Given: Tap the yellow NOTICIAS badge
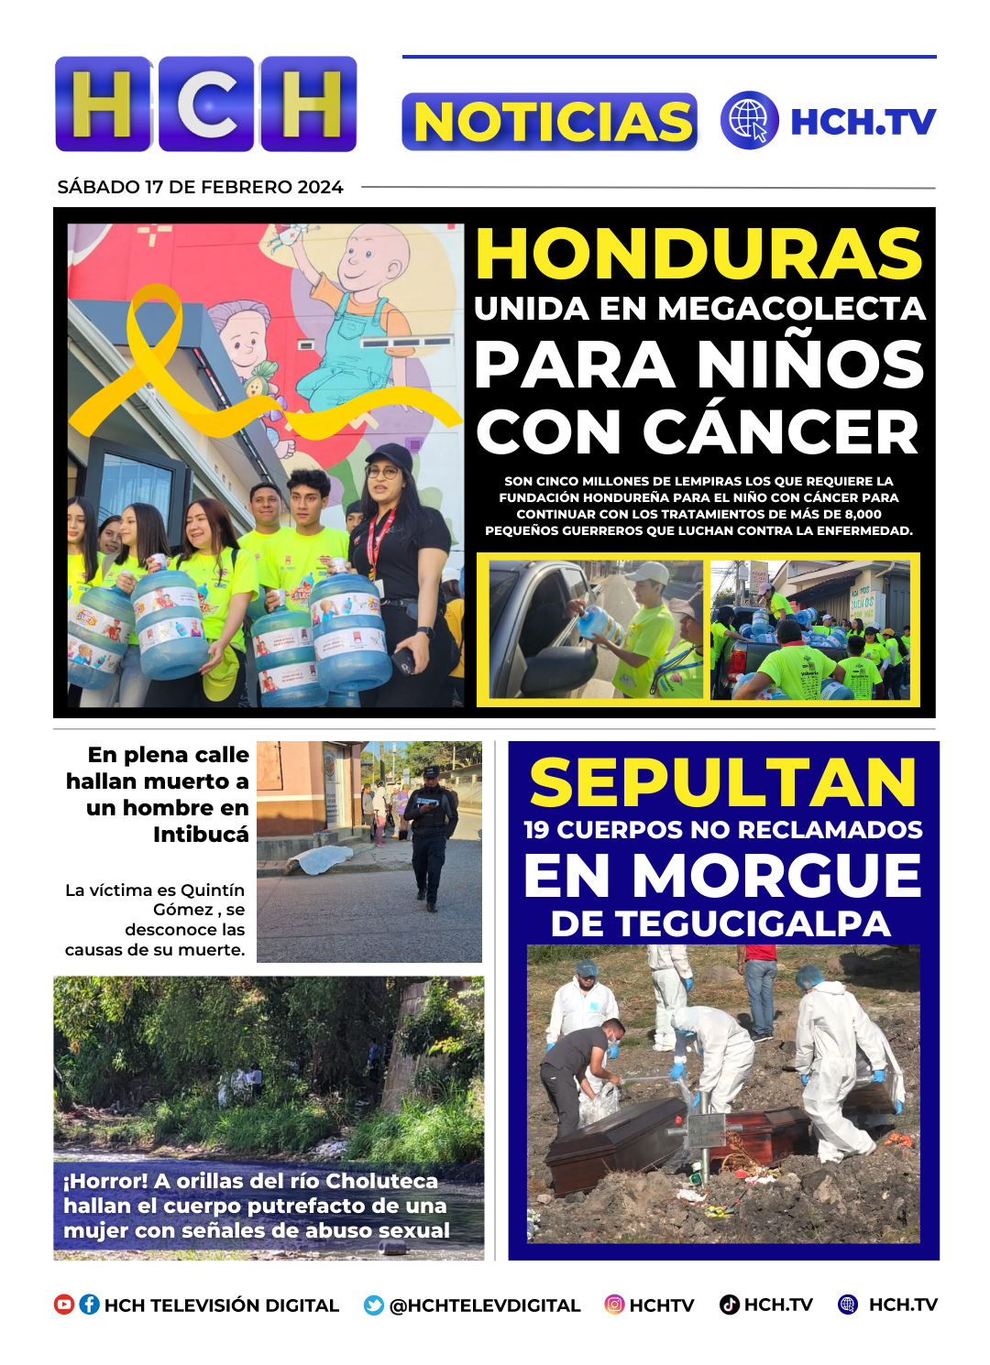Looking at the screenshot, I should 550,122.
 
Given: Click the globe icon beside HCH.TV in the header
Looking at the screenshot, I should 749,120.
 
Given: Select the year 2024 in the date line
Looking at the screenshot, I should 320,187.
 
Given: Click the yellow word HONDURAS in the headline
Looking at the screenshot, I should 698,254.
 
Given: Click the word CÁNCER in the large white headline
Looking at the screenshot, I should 780,431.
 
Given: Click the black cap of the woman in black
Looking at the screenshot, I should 389,456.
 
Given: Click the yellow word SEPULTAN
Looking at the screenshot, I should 722,783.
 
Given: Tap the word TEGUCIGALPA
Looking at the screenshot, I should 753,924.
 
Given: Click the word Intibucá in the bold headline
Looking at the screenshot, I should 201,835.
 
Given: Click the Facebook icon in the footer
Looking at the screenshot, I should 89,1305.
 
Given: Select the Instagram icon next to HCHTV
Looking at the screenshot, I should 614,1305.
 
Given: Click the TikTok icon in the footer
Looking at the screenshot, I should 730,1305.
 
